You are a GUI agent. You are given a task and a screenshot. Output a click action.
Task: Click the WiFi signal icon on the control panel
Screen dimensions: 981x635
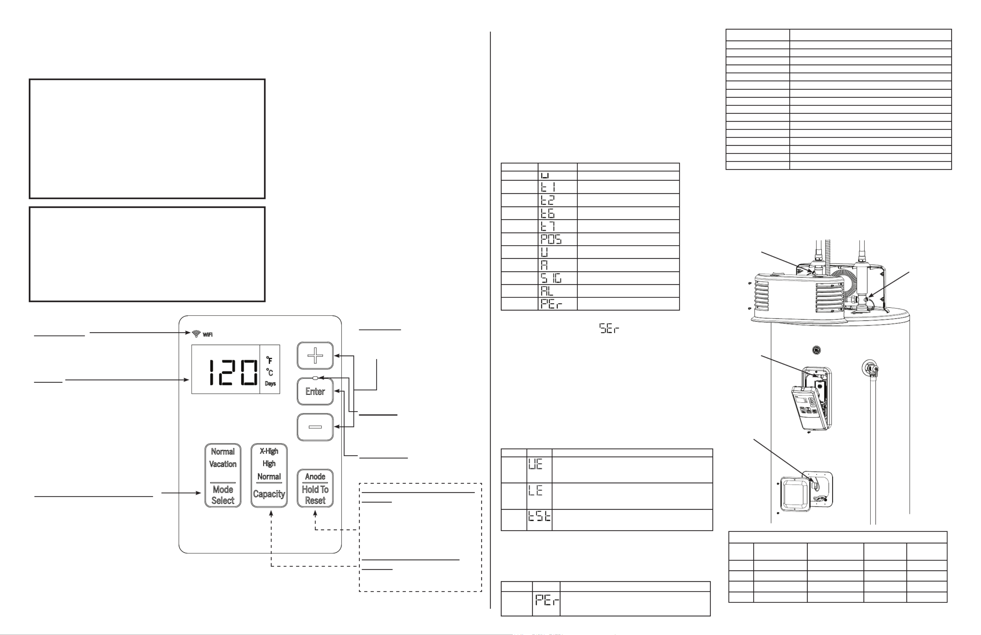click(197, 334)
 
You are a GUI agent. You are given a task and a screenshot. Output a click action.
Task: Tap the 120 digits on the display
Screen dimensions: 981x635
click(233, 372)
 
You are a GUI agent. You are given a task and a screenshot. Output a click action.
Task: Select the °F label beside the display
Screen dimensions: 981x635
click(269, 360)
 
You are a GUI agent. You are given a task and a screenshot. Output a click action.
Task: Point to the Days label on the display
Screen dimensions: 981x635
click(270, 383)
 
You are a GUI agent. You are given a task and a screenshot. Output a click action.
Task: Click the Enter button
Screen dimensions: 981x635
click(315, 391)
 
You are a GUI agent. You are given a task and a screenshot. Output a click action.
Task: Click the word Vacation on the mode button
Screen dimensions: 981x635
click(223, 464)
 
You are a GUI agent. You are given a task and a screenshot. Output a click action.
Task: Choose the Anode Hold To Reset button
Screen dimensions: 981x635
click(315, 488)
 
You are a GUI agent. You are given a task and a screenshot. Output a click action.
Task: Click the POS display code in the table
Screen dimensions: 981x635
click(551, 239)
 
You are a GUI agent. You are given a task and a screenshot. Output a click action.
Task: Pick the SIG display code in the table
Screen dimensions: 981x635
click(551, 278)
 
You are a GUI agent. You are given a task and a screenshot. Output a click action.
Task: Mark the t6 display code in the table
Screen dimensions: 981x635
click(548, 213)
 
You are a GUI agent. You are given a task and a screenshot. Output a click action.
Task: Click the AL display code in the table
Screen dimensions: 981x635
click(547, 291)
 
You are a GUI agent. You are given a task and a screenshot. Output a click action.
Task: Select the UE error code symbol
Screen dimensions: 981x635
click(535, 464)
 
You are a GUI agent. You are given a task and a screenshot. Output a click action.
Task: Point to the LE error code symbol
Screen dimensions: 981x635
click(535, 490)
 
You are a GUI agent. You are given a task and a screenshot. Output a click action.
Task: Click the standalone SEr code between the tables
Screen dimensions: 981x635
click(609, 329)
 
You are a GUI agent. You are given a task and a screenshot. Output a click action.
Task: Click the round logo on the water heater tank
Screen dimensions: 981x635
click(816, 350)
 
